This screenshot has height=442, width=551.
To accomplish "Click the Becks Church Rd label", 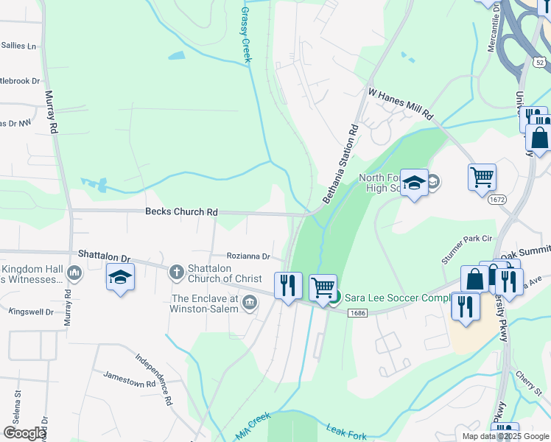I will click(181, 212).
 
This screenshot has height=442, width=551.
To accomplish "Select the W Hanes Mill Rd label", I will click(401, 104).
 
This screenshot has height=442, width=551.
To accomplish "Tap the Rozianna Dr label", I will click(248, 256).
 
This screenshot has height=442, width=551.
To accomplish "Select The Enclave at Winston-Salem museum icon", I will click(250, 303).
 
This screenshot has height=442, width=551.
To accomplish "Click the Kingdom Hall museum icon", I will click(74, 274).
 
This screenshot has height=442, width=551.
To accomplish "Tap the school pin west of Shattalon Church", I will click(120, 278).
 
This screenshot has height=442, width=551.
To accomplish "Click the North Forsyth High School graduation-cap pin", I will click(415, 182).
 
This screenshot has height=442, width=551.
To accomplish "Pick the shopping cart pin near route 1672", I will click(482, 176).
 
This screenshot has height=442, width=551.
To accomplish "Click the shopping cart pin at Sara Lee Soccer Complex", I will click(323, 287).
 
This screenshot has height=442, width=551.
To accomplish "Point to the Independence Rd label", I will click(153, 379).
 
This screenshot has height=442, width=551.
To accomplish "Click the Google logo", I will click(25, 433).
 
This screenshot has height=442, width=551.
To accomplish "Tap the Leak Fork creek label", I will click(346, 433).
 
